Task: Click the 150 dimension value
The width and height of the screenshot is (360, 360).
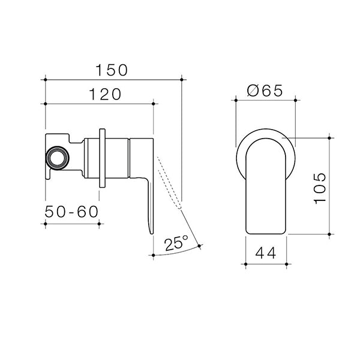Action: point(112,70)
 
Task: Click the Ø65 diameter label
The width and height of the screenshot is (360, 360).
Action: point(265,91)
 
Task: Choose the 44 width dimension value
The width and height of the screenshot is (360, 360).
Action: point(266,253)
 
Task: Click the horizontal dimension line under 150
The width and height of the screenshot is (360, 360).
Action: point(113,79)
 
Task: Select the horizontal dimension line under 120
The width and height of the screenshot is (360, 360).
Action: point(99,103)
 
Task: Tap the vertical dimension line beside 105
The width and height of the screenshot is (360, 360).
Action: point(330,186)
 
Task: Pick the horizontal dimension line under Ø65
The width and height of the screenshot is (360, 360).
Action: point(265,101)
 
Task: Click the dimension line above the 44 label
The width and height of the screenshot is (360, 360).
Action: point(266,263)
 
